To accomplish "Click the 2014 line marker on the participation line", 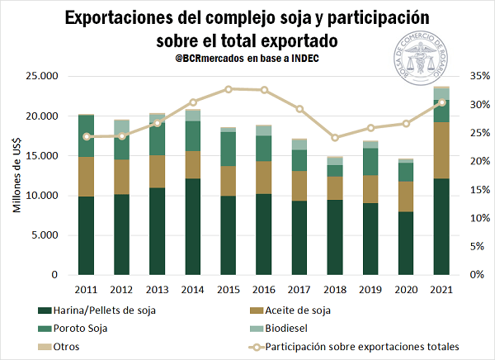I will [x=193, y=102].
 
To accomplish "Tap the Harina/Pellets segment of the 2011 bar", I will [x=86, y=235].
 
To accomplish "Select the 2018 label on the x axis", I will [x=335, y=289].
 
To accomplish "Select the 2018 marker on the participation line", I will [x=335, y=138].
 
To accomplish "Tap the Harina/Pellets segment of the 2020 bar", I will [x=406, y=244].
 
